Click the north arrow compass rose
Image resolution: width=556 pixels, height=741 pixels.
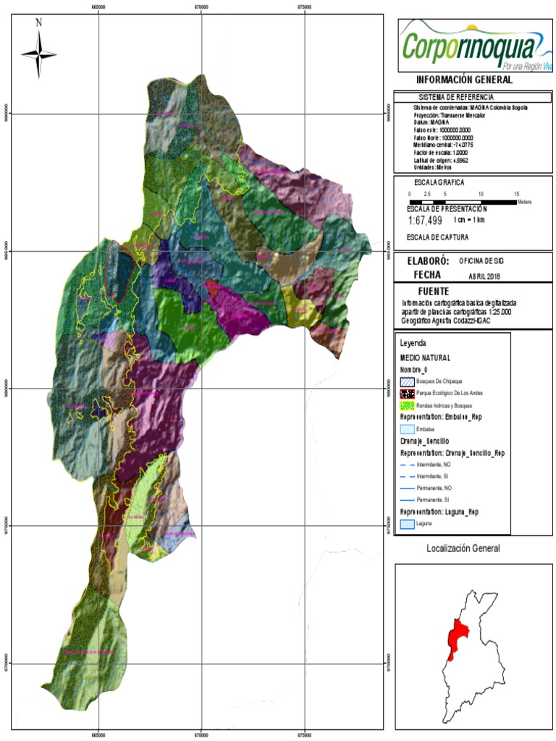pos(39,52)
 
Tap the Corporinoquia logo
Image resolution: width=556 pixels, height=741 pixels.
pos(473,44)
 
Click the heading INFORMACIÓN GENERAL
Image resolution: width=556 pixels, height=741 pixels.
pos(464,80)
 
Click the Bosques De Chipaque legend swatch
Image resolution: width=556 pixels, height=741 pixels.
pos(408,381)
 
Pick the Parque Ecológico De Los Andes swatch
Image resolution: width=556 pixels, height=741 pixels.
pos(408,393)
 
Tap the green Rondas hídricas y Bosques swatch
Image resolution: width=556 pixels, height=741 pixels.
pos(408,406)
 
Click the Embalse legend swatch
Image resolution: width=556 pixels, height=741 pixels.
pos(408,429)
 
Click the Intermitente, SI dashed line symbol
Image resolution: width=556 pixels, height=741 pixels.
pos(408,477)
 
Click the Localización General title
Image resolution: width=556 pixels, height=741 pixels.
pos(463,549)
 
